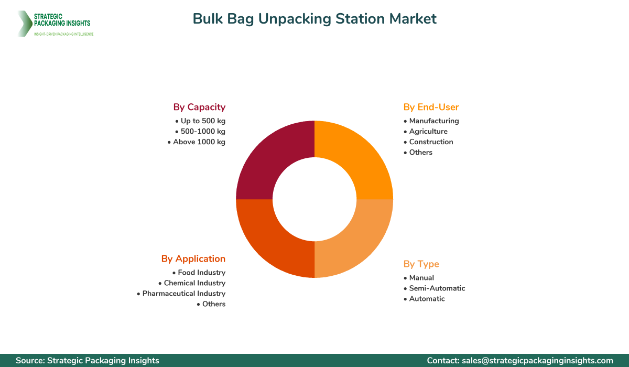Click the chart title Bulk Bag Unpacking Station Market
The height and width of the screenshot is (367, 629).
pyautogui.click(x=314, y=19)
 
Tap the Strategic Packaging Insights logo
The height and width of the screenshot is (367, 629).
pyautogui.click(x=55, y=24)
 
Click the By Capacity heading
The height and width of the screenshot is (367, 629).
pyautogui.click(x=199, y=107)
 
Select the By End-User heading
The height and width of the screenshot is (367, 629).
pyautogui.click(x=431, y=107)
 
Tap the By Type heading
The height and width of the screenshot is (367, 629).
pyautogui.click(x=421, y=264)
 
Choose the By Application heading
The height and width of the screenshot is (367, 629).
pyautogui.click(x=193, y=258)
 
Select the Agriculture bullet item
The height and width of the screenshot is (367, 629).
pyautogui.click(x=428, y=131)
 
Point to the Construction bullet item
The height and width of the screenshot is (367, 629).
pyautogui.click(x=430, y=142)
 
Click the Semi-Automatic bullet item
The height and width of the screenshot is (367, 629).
pyautogui.click(x=437, y=288)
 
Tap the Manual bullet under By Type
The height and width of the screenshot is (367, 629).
pyautogui.click(x=421, y=277)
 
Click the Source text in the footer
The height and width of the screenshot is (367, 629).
pyautogui.click(x=88, y=360)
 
